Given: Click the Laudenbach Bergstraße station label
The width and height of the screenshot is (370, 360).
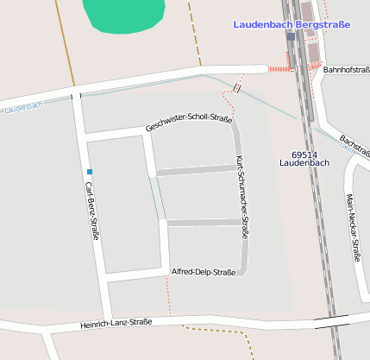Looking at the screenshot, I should coord(292,25).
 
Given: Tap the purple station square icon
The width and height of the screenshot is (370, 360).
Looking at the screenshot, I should coord(291,37).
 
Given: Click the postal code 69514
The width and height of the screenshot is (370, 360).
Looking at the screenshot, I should coord(305,152).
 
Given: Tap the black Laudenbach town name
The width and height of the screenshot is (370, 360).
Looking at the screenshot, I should coord(305,162).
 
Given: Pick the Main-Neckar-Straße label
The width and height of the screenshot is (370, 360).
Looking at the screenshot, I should coord(353,227).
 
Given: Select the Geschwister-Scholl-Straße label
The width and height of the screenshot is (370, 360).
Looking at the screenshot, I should coord(189,123).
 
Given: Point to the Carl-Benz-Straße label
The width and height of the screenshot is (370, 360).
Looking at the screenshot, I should coord(92,212).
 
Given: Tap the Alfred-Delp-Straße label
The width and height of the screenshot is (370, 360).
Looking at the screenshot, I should coord(204,272).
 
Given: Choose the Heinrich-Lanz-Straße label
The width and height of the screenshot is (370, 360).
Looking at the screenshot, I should coord(116,323).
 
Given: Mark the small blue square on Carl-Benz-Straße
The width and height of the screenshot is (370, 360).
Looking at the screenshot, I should coord(89,172).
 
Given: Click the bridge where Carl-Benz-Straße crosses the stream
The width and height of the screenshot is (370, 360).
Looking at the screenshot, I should coord(76,96).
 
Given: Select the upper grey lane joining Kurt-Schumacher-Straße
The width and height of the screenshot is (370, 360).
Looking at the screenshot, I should coord(196,170).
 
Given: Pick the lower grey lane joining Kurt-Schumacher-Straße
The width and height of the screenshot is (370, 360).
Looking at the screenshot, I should coord(204,223).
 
